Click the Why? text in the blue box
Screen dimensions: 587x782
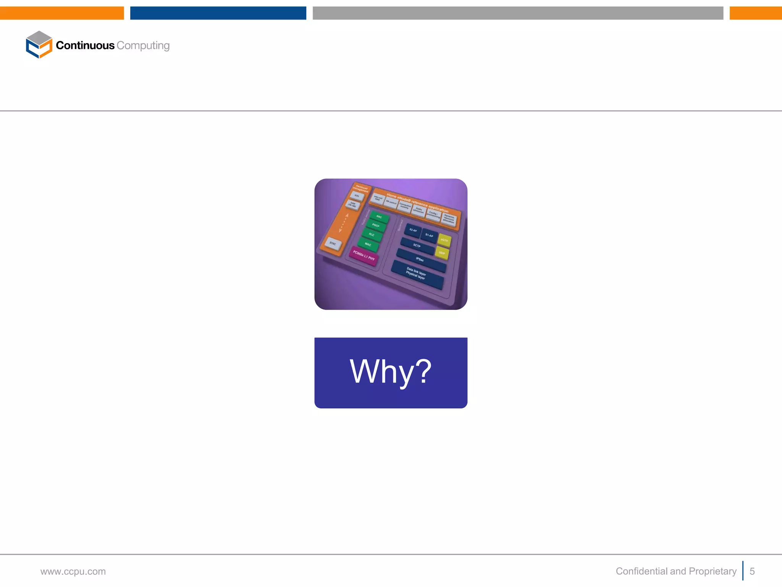tap(391, 371)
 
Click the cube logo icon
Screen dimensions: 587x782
tap(39, 45)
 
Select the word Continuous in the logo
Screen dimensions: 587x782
tap(85, 45)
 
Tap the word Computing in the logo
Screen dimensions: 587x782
tap(143, 45)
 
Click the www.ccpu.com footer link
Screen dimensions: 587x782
tap(73, 571)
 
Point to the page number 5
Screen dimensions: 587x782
tap(752, 571)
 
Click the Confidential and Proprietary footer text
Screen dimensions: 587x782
tap(676, 571)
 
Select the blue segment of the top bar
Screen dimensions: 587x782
tap(218, 13)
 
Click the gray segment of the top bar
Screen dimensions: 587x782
tap(518, 13)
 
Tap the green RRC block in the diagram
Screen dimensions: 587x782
tap(379, 217)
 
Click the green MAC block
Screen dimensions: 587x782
tap(368, 245)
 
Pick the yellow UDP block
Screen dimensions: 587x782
tap(442, 253)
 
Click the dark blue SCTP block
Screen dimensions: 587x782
tap(417, 246)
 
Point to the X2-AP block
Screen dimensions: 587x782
tap(413, 230)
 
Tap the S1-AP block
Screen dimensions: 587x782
tap(429, 235)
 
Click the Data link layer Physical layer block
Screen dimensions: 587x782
tap(417, 274)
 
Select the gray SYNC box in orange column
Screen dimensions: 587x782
tap(333, 244)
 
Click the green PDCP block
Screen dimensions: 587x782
tap(376, 225)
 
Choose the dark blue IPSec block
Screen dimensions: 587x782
tap(420, 260)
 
